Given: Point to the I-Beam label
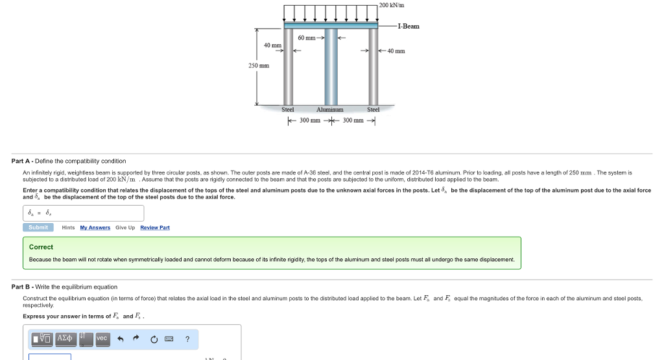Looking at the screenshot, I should tap(408, 26).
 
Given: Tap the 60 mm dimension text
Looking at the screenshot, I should tap(307, 38).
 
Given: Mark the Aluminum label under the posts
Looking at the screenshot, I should tap(330, 110).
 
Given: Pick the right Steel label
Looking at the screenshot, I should tap(373, 110).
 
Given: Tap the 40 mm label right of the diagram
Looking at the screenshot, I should tap(396, 51).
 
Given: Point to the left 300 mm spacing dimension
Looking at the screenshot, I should tap(309, 121).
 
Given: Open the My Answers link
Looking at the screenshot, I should tap(95, 228).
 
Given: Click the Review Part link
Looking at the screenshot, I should tap(155, 228).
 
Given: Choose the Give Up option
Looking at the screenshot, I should tap(125, 228).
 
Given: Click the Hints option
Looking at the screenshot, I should tap(68, 228).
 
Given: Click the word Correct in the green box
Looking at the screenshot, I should tap(41, 247).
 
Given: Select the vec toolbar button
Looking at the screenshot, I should tap(102, 339).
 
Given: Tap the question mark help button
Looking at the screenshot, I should tap(187, 339).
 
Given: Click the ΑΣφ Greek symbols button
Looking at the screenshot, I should tap(65, 339).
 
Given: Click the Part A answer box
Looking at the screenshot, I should tap(83, 213).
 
